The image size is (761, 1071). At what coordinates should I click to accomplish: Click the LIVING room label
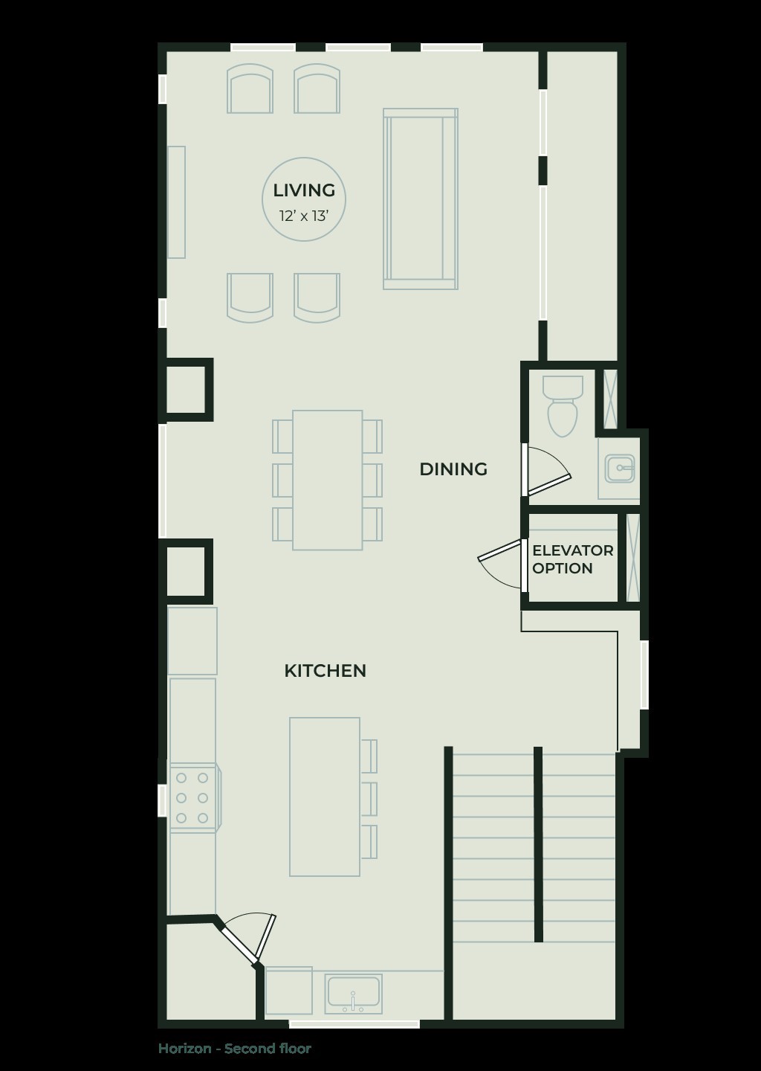[304, 190]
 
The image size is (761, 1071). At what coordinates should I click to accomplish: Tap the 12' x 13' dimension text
[304, 216]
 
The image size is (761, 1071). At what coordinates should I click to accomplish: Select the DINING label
[453, 469]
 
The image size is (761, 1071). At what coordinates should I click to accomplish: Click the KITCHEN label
[325, 671]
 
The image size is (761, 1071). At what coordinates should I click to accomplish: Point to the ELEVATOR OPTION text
[572, 559]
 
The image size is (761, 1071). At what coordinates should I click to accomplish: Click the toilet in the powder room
[563, 406]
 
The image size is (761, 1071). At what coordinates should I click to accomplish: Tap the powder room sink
[620, 469]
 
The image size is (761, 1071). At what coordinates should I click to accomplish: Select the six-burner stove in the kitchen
[192, 798]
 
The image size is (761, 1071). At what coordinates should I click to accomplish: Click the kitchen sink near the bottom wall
[354, 994]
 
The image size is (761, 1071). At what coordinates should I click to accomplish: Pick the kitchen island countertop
[325, 797]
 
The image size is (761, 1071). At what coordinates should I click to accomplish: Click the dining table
[328, 480]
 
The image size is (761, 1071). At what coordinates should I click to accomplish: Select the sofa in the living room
[420, 199]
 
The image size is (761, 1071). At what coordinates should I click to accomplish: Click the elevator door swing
[502, 563]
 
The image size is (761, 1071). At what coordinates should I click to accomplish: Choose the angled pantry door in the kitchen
[249, 937]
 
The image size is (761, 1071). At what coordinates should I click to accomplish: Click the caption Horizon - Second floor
[235, 1049]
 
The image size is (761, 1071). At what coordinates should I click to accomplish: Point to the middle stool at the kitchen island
[369, 799]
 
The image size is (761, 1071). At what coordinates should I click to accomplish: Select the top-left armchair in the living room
[250, 89]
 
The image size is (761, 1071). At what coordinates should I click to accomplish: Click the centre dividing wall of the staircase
[538, 844]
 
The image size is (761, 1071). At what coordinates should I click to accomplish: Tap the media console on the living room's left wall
[176, 202]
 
